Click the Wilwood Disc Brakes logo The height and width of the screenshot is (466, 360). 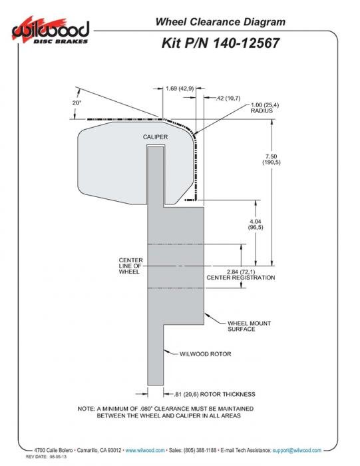51,31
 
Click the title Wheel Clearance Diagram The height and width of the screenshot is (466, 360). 220,22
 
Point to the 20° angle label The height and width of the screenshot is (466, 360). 77,103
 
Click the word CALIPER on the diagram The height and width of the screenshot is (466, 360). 155,137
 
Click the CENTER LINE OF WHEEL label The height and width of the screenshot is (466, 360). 130,266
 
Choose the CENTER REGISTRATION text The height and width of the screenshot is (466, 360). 241,278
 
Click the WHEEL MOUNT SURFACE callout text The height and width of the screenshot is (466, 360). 250,326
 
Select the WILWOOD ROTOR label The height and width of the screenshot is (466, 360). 205,354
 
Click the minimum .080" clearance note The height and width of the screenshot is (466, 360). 166,412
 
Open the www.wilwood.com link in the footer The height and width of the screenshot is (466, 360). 145,450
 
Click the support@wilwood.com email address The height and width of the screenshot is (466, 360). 297,450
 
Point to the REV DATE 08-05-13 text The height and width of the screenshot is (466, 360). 46,457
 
